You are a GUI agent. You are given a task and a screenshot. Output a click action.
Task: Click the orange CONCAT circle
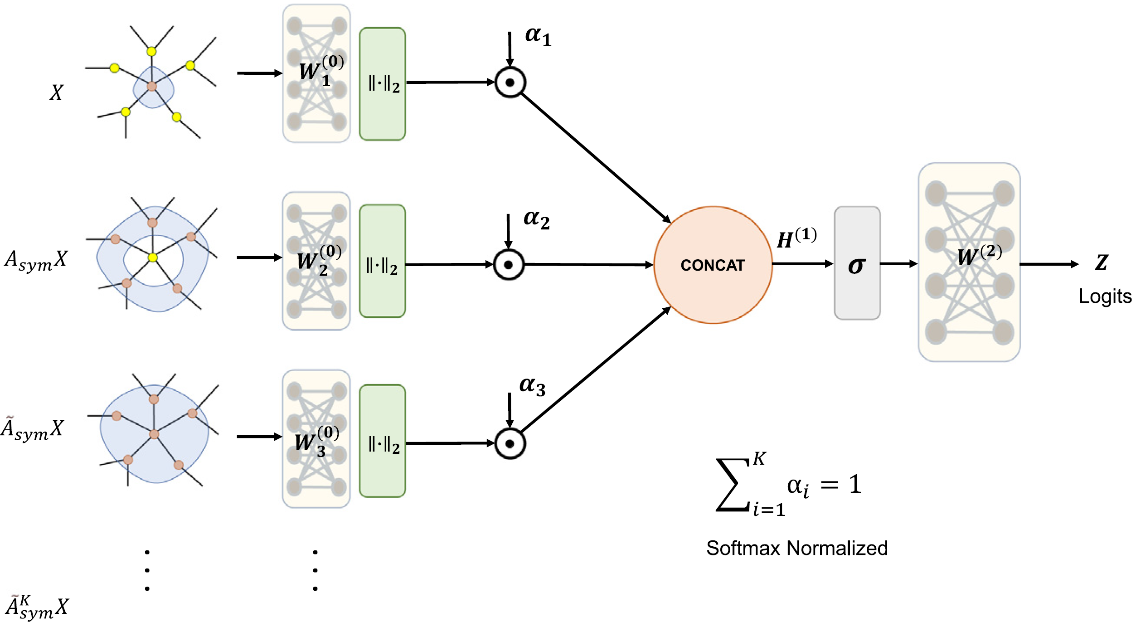click(x=713, y=265)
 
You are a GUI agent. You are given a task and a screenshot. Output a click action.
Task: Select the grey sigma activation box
click(x=857, y=263)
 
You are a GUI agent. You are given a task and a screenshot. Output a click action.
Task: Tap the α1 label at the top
click(x=538, y=36)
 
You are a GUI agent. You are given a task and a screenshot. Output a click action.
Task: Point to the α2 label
click(x=536, y=219)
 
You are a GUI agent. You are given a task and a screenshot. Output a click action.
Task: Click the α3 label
click(x=532, y=386)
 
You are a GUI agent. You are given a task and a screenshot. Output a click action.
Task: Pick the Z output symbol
click(x=1102, y=262)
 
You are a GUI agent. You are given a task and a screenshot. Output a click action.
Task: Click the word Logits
click(x=1105, y=296)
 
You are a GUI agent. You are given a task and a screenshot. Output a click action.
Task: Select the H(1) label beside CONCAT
click(x=796, y=238)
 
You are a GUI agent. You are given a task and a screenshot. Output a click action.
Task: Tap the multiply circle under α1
click(x=510, y=83)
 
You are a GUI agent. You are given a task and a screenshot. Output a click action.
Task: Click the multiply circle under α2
click(x=509, y=265)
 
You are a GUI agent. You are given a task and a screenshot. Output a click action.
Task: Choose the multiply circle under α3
click(x=510, y=443)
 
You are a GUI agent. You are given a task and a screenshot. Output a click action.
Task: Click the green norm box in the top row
click(x=382, y=84)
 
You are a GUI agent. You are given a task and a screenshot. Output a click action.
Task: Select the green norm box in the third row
click(x=382, y=441)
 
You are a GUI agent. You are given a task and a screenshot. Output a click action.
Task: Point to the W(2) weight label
click(x=979, y=255)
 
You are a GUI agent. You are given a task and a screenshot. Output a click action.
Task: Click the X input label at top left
click(x=56, y=92)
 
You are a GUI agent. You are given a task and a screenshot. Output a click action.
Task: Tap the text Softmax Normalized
click(x=796, y=548)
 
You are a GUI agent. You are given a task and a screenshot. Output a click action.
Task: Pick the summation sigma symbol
click(x=732, y=486)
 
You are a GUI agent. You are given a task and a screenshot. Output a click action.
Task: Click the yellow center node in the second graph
click(x=153, y=258)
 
